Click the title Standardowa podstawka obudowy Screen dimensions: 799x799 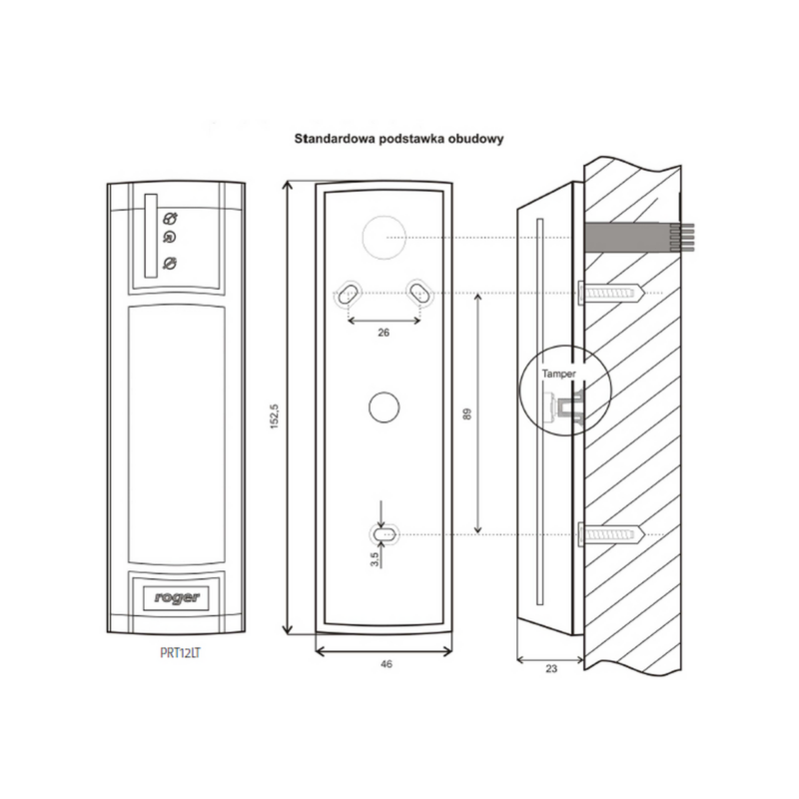[396, 141]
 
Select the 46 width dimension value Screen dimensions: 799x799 [386, 663]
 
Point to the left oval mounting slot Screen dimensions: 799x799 [350, 293]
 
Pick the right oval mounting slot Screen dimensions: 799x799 [418, 292]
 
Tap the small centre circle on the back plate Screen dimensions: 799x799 [384, 407]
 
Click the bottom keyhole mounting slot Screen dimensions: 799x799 [384, 534]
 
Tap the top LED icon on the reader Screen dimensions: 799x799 [169, 218]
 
